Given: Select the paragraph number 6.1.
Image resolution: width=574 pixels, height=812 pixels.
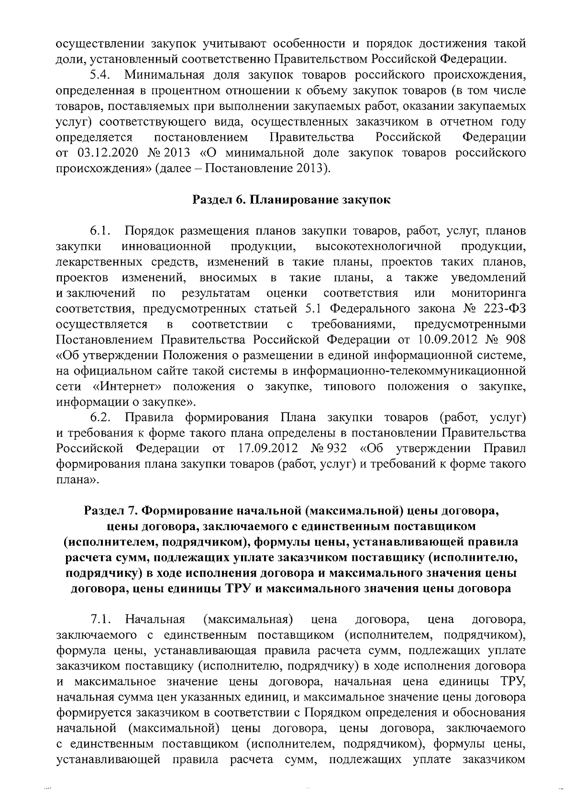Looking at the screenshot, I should (x=101, y=231).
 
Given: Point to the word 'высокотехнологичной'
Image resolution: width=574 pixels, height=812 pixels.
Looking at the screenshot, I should (x=378, y=246).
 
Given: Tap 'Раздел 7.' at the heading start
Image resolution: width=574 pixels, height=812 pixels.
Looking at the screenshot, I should (x=110, y=511).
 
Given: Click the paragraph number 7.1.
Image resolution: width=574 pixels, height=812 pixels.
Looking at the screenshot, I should (x=101, y=620).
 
